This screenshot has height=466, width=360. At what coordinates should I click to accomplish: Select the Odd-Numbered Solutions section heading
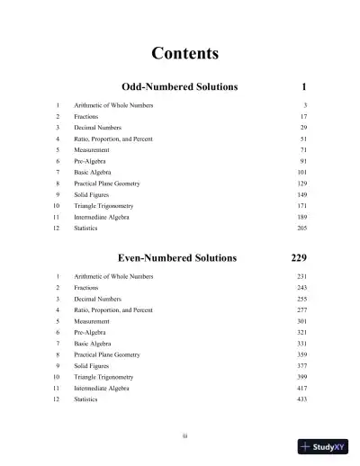[179, 87]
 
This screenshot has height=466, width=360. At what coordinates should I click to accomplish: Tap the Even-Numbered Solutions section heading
[177, 257]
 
